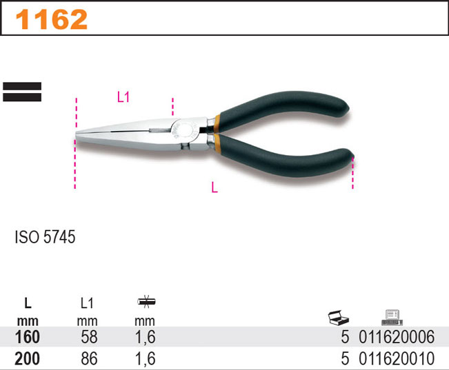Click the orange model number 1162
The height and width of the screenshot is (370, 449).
tap(52, 19)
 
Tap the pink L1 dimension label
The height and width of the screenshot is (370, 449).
tap(123, 97)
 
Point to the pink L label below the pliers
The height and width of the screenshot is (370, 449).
tap(214, 187)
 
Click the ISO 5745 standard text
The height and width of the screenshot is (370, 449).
tap(45, 236)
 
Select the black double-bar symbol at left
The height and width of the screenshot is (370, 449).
tap(22, 92)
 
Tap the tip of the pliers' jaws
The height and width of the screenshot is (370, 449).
tap(76, 136)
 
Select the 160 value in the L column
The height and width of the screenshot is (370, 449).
tap(27, 337)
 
